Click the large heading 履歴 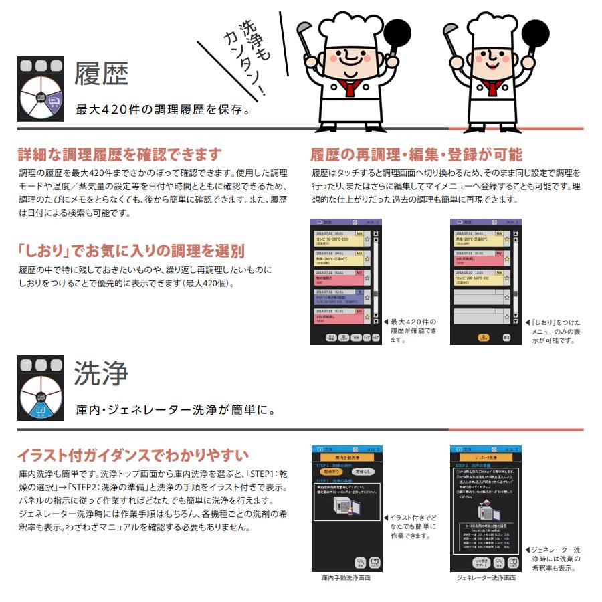(101, 74)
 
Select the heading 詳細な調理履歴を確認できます (119, 155)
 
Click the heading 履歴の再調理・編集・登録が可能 (416, 155)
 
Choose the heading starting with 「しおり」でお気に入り (131, 252)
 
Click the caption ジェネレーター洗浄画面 (486, 577)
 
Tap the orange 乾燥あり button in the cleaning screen (330, 472)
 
